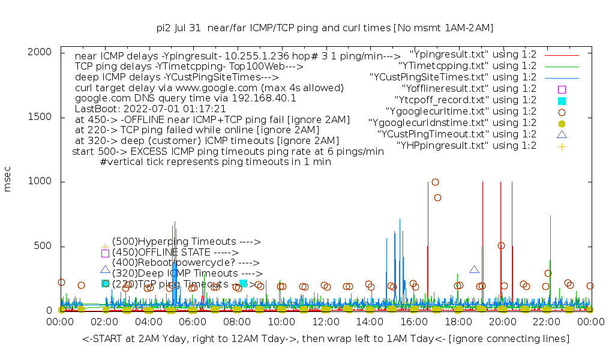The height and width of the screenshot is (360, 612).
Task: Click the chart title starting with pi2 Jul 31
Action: click(325, 28)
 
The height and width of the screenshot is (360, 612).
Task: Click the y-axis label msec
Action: click(8, 181)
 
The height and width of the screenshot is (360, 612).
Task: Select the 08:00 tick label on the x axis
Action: click(237, 323)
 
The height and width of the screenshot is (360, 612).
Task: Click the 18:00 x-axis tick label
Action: click(458, 323)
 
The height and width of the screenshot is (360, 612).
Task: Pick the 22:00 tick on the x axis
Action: click(546, 323)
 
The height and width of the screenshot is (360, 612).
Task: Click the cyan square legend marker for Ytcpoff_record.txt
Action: click(562, 100)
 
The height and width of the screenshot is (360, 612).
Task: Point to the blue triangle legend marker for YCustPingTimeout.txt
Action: click(562, 134)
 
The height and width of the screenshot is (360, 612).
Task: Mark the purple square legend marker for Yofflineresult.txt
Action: click(562, 89)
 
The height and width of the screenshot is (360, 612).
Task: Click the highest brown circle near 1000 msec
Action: click(435, 182)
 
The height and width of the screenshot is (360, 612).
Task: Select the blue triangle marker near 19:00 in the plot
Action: click(474, 269)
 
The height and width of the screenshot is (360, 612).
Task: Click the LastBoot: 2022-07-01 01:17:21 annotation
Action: click(150, 109)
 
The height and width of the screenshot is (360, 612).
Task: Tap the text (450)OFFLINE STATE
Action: click(175, 253)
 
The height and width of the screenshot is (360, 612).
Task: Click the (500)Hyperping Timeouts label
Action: click(186, 242)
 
